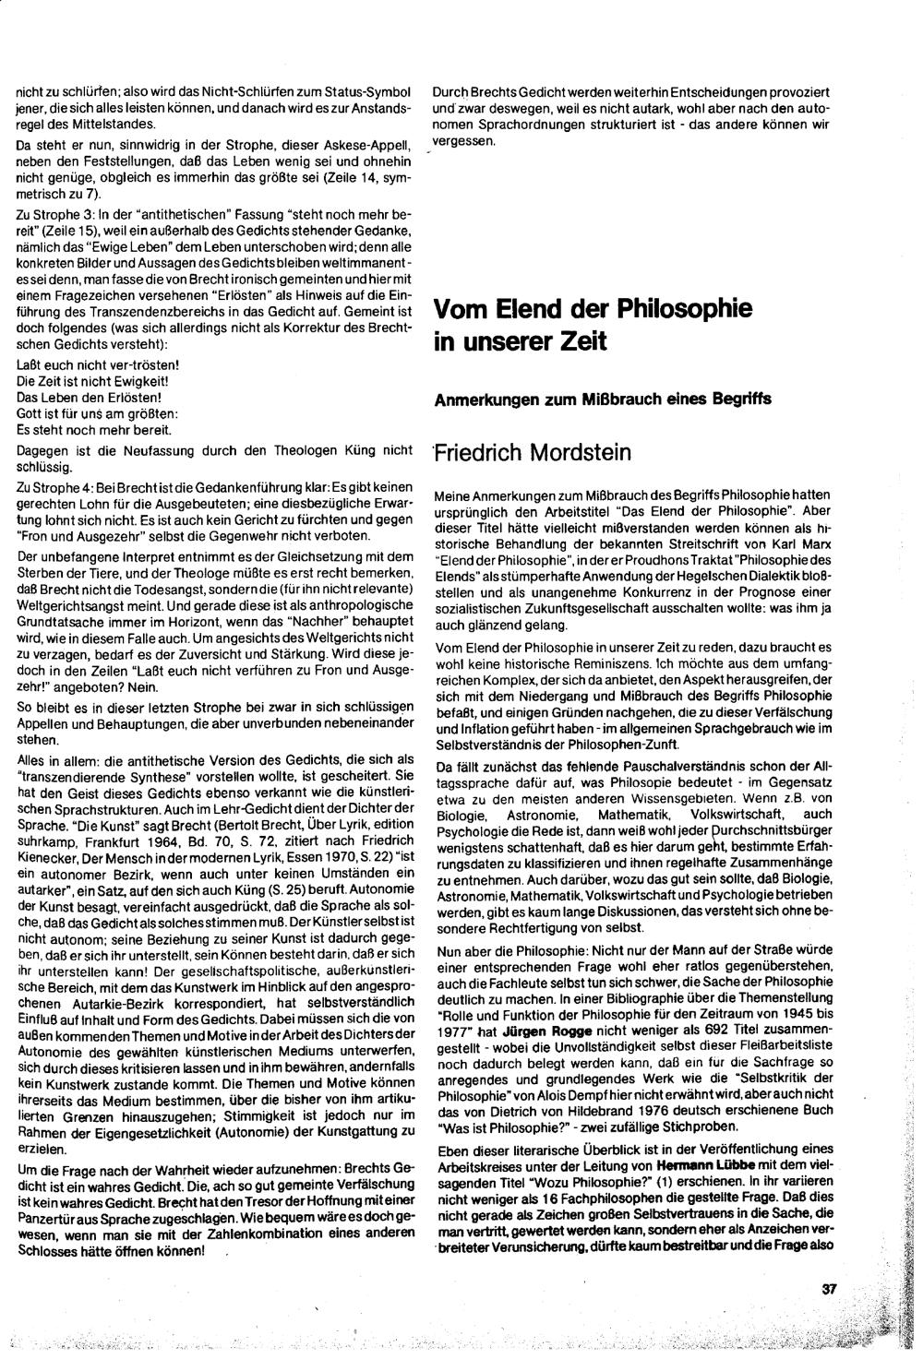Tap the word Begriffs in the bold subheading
click(x=737, y=399)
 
